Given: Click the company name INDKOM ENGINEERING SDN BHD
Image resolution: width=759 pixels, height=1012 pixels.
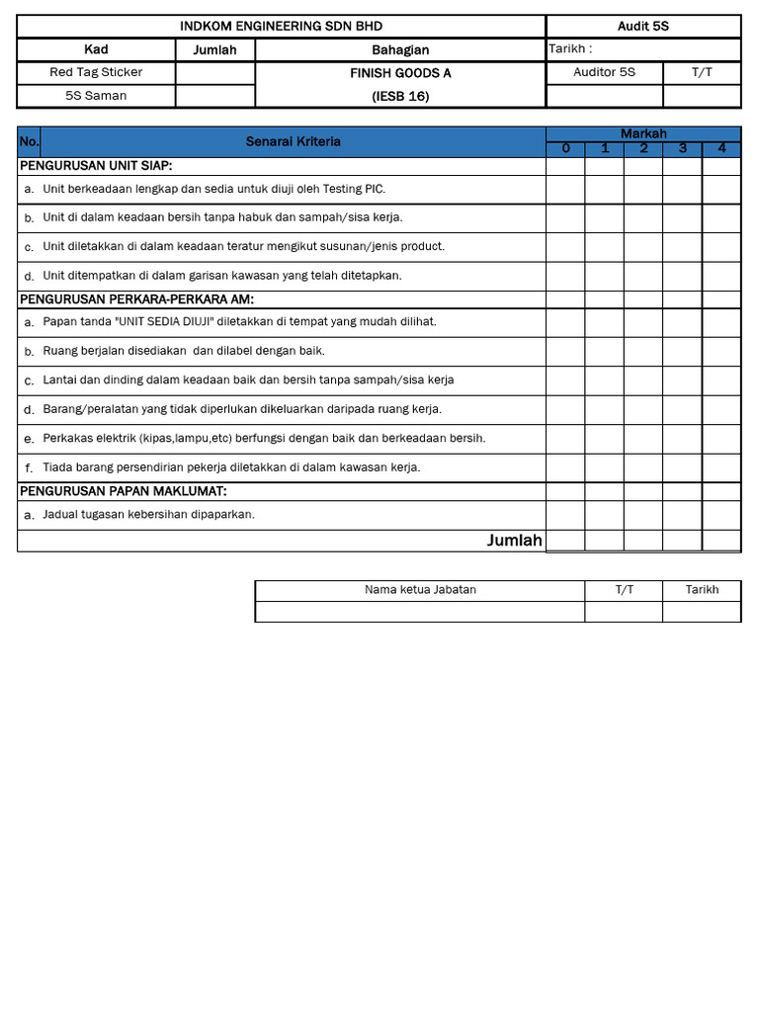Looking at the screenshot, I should (x=281, y=26).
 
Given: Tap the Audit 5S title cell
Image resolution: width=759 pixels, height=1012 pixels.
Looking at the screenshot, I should (x=642, y=26).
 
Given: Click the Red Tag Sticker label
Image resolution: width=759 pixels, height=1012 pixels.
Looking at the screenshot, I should (x=96, y=72).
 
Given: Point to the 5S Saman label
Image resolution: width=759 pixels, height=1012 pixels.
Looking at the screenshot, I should (x=96, y=96).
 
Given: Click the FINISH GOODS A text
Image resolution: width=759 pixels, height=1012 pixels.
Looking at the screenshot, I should (x=400, y=73).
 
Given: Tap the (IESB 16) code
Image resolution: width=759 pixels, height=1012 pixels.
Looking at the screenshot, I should (x=400, y=96).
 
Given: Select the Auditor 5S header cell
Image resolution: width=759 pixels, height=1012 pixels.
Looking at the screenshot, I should (x=604, y=72).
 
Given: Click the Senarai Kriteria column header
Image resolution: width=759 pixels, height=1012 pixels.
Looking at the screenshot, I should (x=294, y=141).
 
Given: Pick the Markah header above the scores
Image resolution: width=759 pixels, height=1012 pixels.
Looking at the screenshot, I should (x=643, y=133).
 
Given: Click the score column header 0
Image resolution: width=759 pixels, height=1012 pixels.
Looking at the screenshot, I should (x=566, y=149).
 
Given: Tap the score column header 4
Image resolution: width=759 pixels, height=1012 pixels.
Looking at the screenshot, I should (x=721, y=149).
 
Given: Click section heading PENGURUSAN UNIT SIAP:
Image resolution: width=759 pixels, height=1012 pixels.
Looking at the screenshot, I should (x=97, y=166).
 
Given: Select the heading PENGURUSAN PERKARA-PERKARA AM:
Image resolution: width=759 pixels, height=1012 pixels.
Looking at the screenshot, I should (x=136, y=299).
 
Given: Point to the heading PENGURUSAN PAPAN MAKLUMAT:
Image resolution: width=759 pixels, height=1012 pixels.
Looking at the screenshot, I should (x=124, y=491).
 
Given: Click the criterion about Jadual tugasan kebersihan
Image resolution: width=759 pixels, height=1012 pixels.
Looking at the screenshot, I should (x=148, y=514).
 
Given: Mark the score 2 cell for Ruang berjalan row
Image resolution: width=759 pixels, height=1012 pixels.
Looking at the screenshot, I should (x=643, y=351).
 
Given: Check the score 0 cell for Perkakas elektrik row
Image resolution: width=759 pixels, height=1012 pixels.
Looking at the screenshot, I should (x=566, y=439).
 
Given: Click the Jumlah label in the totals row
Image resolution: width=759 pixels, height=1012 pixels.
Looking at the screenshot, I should (x=514, y=541).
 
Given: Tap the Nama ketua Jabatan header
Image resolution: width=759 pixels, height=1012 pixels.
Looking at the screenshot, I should (x=420, y=589).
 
